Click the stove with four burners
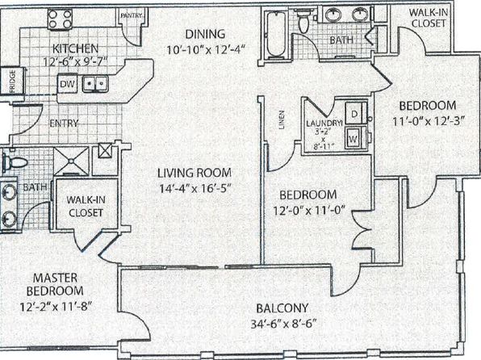[x=60, y=19]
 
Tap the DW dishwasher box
[x=67, y=84]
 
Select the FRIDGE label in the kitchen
[x=12, y=82]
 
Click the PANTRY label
[x=132, y=15]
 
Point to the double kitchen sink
[x=95, y=83]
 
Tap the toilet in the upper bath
[x=303, y=20]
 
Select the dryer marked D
[x=356, y=113]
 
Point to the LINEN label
[x=282, y=119]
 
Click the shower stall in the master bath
[x=71, y=161]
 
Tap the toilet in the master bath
[x=15, y=161]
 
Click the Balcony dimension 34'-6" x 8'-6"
[x=283, y=324]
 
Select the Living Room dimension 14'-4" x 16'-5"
[x=194, y=188]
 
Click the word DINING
[x=205, y=34]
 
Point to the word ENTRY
[x=64, y=123]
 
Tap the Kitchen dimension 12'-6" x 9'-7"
[x=75, y=62]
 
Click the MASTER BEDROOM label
[x=55, y=284]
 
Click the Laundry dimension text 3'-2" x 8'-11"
[x=324, y=139]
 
